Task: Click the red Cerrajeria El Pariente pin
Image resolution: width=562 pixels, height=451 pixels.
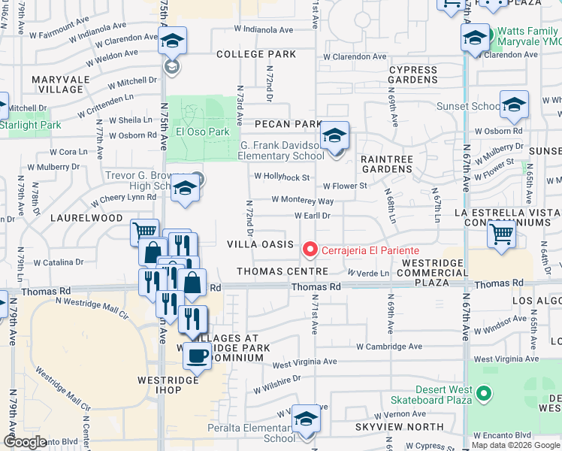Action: pos(309,250)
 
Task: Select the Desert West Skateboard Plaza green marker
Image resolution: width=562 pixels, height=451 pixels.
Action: pos(484,392)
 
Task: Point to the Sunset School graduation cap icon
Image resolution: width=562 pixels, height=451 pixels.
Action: pos(514,106)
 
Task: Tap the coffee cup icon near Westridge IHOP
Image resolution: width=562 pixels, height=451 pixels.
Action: pos(198,356)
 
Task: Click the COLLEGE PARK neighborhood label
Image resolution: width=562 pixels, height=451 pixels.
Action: pos(256,54)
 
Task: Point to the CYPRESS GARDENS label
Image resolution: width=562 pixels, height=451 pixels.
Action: pos(412,75)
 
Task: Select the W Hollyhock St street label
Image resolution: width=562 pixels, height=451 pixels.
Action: pos(282,177)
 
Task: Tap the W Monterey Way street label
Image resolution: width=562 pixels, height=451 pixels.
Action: pos(302,201)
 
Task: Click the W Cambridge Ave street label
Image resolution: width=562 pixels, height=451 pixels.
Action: pos(389,347)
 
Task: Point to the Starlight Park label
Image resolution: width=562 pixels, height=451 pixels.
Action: pos(30,125)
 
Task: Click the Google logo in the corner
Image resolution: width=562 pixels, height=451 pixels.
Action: pos(26,442)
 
